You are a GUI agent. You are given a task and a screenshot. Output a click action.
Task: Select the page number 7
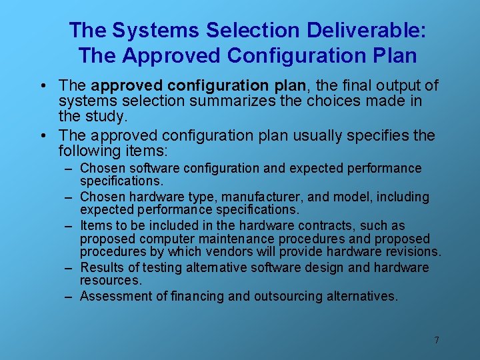pyautogui.click(x=436, y=340)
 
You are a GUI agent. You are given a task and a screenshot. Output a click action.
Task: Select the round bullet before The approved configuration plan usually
pyautogui.click(x=43, y=135)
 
